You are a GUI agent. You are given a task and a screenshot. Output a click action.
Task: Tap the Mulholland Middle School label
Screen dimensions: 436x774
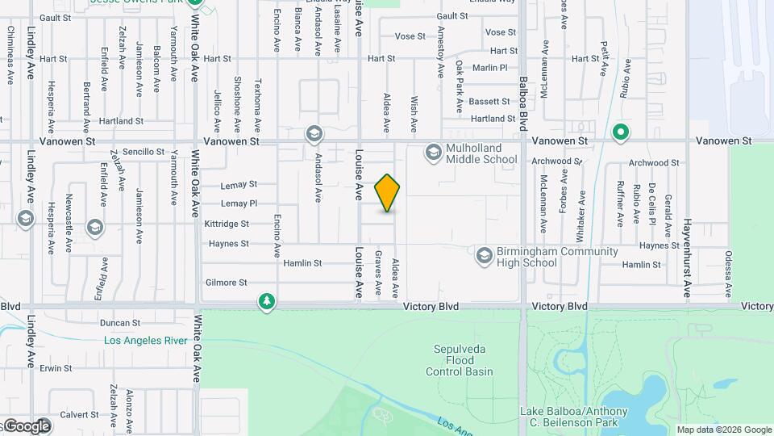click(481, 153)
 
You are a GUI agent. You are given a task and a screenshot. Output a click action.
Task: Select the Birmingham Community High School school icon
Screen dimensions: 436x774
click(484, 256)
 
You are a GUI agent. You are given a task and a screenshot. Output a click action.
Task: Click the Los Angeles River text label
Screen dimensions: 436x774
click(146, 341)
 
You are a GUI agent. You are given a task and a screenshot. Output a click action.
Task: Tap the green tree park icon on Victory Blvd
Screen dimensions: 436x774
click(267, 302)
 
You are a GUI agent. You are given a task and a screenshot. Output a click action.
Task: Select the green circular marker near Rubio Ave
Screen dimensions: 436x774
click(620, 132)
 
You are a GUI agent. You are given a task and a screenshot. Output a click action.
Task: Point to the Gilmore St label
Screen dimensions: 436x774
click(226, 283)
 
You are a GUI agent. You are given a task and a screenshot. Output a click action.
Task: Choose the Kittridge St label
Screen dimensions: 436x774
click(227, 224)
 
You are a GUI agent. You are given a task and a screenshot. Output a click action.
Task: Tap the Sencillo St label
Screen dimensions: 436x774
click(144, 152)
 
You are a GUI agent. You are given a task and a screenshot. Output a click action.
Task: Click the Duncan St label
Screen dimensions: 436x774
click(120, 322)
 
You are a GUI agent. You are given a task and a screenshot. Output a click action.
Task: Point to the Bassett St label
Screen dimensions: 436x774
click(489, 102)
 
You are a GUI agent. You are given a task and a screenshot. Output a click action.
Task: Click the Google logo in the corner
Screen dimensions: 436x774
click(26, 426)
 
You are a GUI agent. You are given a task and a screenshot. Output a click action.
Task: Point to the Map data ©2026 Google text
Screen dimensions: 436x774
click(723, 430)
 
